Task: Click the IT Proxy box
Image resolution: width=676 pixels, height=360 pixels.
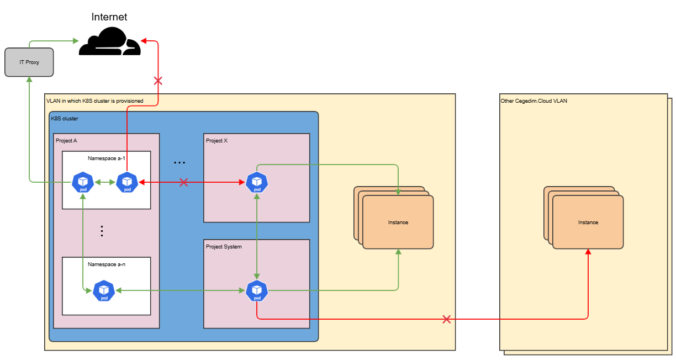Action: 29,62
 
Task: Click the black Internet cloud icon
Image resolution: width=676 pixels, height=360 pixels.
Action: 110,44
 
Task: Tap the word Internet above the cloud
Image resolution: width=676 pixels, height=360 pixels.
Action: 110,17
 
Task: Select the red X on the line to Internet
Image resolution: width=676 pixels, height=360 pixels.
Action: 158,81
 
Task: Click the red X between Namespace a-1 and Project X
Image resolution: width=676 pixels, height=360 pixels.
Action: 184,182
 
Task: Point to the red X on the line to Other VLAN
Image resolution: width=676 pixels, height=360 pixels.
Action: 447,319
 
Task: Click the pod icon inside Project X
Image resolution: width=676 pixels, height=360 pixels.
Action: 257,182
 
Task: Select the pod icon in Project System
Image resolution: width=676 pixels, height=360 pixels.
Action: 257,291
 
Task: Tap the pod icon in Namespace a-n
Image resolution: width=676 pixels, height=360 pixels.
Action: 104,291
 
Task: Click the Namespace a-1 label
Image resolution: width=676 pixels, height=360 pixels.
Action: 107,158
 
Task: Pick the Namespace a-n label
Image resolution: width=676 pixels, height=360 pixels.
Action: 107,264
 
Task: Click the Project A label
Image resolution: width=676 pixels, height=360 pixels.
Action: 66,141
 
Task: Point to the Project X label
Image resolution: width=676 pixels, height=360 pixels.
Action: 216,141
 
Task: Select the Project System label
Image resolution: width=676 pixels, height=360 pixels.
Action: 224,247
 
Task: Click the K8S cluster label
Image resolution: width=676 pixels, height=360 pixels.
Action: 65,119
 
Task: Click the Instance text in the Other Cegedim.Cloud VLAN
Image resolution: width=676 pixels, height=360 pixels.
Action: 588,223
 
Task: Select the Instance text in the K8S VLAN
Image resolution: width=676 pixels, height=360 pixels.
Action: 398,223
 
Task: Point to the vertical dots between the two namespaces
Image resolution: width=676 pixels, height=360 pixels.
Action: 102,231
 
